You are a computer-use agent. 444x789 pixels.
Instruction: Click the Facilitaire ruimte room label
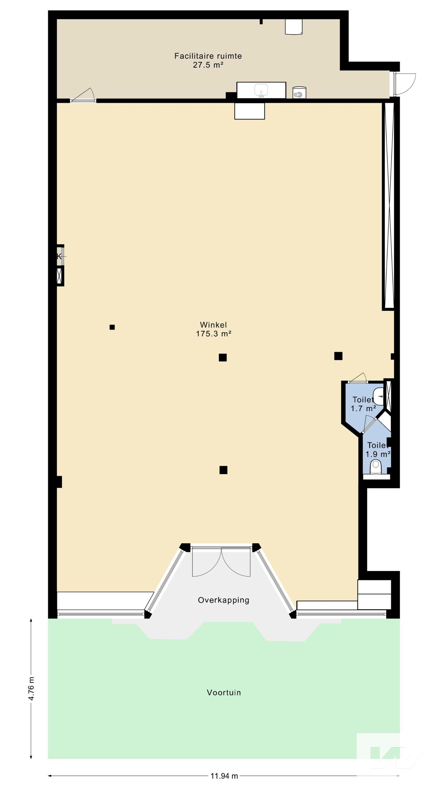coord(208,56)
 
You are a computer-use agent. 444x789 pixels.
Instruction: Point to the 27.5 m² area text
coord(208,65)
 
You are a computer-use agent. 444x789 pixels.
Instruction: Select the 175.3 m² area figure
coord(213,334)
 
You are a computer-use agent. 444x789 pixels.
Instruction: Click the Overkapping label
coord(223,600)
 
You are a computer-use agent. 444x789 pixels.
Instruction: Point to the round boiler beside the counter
coord(299,93)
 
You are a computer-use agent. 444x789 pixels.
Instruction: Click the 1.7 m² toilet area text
coord(363,408)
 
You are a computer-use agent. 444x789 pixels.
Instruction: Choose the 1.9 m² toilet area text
coord(378,454)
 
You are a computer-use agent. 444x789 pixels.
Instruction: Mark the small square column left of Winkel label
coord(112,327)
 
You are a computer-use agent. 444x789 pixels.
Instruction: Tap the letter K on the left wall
coord(59,256)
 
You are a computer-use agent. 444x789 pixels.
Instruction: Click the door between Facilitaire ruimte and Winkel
coord(82,95)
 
